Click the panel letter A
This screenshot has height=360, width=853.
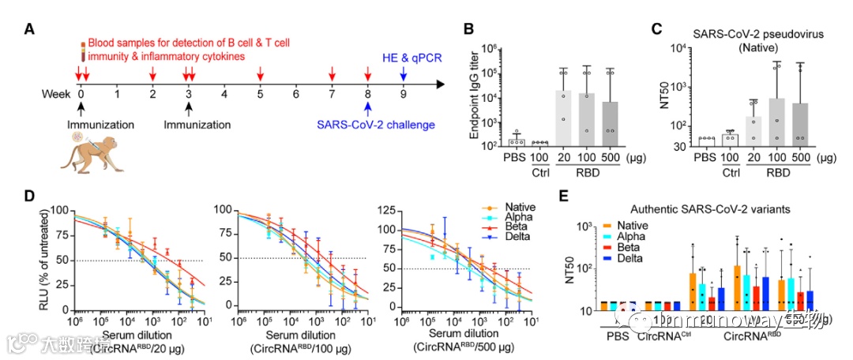[x=29, y=30]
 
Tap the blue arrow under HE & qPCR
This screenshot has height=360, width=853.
[x=403, y=73]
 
